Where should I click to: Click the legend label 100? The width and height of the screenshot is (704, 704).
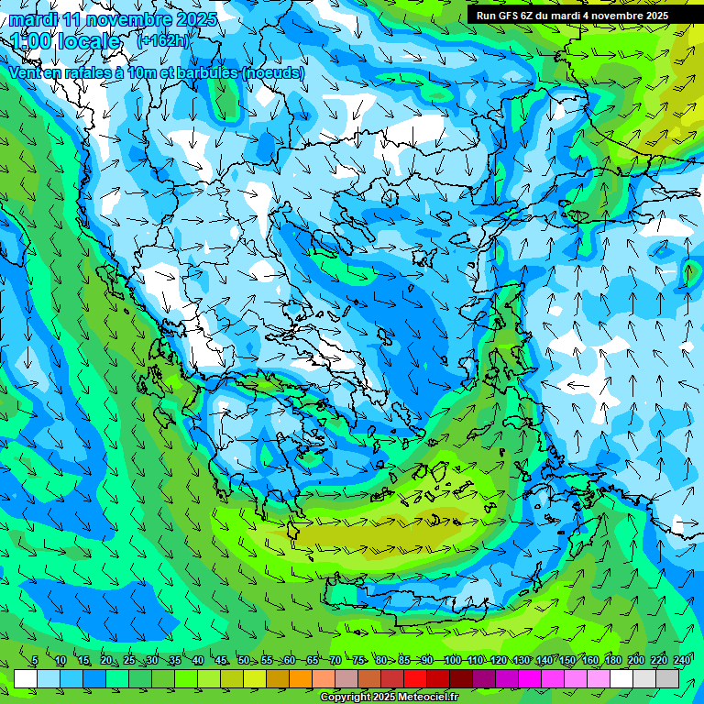452,660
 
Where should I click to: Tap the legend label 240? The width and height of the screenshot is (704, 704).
682,660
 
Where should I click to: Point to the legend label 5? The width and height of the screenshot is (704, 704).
34,660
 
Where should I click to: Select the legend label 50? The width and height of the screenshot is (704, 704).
244,660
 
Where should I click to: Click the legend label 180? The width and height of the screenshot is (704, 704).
612,660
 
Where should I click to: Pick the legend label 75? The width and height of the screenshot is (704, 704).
358,660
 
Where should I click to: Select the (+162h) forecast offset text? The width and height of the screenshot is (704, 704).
162,40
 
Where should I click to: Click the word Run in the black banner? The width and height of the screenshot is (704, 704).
485,15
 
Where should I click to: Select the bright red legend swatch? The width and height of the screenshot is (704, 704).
415,678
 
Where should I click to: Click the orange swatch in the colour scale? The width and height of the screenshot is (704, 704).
301,678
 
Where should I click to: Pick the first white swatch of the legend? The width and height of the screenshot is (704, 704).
26,678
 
